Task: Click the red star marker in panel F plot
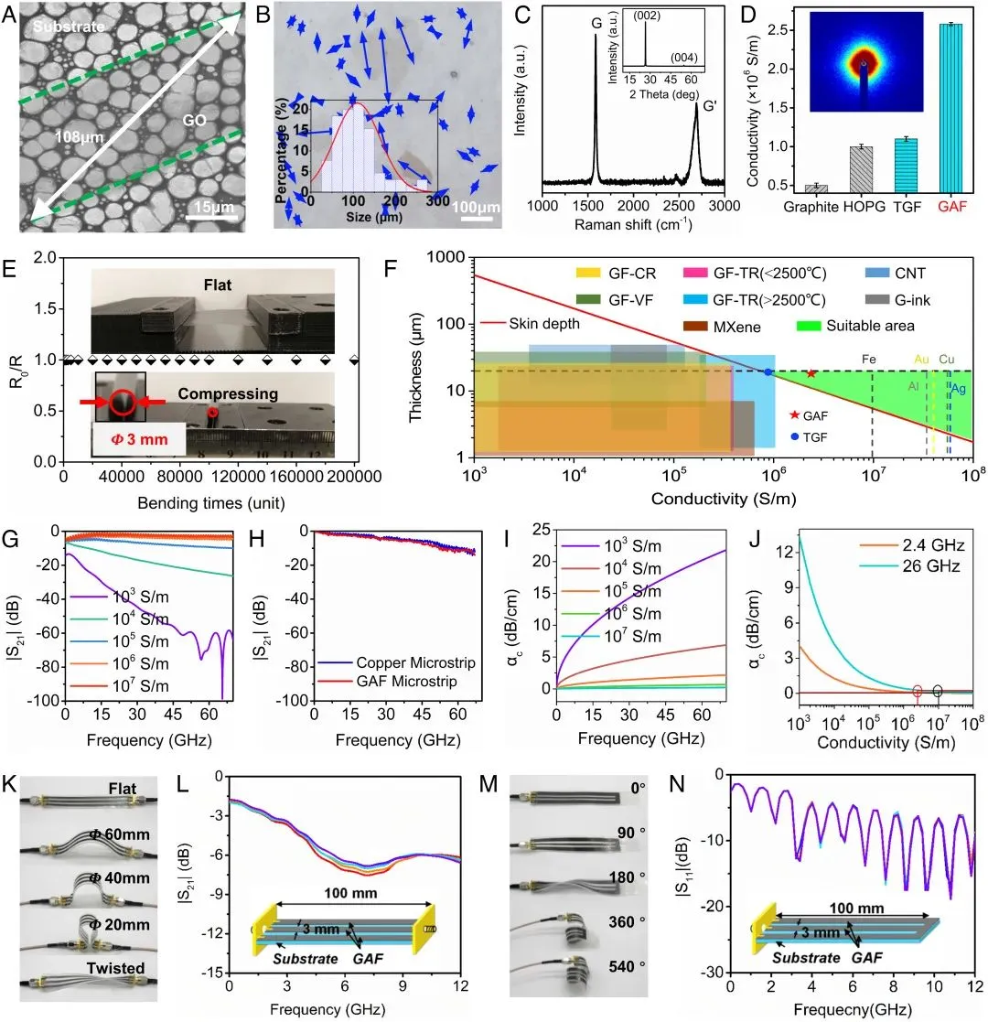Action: [811, 374]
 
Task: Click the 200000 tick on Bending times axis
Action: [354, 478]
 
